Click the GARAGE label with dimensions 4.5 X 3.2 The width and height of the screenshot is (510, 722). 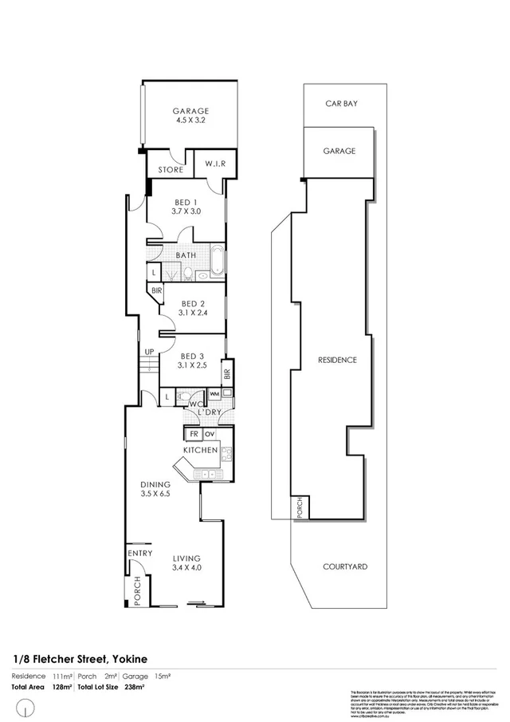pos(190,116)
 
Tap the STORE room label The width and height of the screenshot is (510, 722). pos(170,170)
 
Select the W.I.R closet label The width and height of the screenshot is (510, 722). pos(216,164)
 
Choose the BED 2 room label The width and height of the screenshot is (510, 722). pos(194,309)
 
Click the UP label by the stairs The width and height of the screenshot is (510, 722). pos(149,352)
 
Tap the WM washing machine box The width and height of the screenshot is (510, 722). pos(214,394)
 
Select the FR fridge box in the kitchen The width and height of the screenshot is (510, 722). pos(193,434)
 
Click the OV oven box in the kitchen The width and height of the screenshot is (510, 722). pos(210,434)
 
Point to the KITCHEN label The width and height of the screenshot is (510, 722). pos(200,451)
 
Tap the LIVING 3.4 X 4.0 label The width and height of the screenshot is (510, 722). pos(187,563)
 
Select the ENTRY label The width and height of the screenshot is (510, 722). pos(140,553)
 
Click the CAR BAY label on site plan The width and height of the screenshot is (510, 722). pos(340,103)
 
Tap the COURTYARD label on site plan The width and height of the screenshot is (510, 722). pos(345,566)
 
